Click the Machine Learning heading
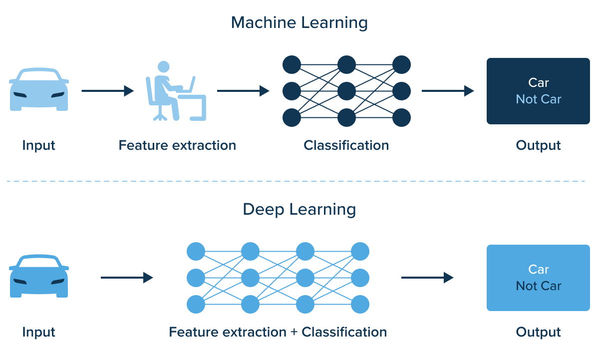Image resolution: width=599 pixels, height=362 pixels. click(299, 23)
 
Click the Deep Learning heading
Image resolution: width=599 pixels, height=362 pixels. click(299, 209)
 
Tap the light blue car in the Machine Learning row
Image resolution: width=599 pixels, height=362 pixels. click(39, 90)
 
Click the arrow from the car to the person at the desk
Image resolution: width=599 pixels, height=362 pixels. click(107, 91)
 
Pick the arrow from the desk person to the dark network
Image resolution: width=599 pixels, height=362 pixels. click(243, 91)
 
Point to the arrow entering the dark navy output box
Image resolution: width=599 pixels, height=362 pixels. click(448, 91)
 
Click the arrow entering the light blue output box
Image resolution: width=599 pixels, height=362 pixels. click(427, 278)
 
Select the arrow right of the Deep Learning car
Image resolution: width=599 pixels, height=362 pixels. click(127, 278)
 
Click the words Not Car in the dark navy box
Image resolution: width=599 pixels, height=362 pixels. click(539, 99)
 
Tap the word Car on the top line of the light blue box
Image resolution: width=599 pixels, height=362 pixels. click(539, 270)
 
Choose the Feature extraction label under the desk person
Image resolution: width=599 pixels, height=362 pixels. click(177, 146)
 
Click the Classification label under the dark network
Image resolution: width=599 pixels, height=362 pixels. click(346, 146)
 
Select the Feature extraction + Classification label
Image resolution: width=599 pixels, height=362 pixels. click(278, 332)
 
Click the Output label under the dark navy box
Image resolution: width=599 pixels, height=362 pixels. click(538, 146)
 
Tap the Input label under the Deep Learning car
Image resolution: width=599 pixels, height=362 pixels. click(39, 332)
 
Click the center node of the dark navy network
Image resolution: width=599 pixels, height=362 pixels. click(346, 91)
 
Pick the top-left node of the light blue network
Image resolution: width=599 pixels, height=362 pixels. click(196, 251)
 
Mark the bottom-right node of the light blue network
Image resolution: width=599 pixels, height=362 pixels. click(360, 304)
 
